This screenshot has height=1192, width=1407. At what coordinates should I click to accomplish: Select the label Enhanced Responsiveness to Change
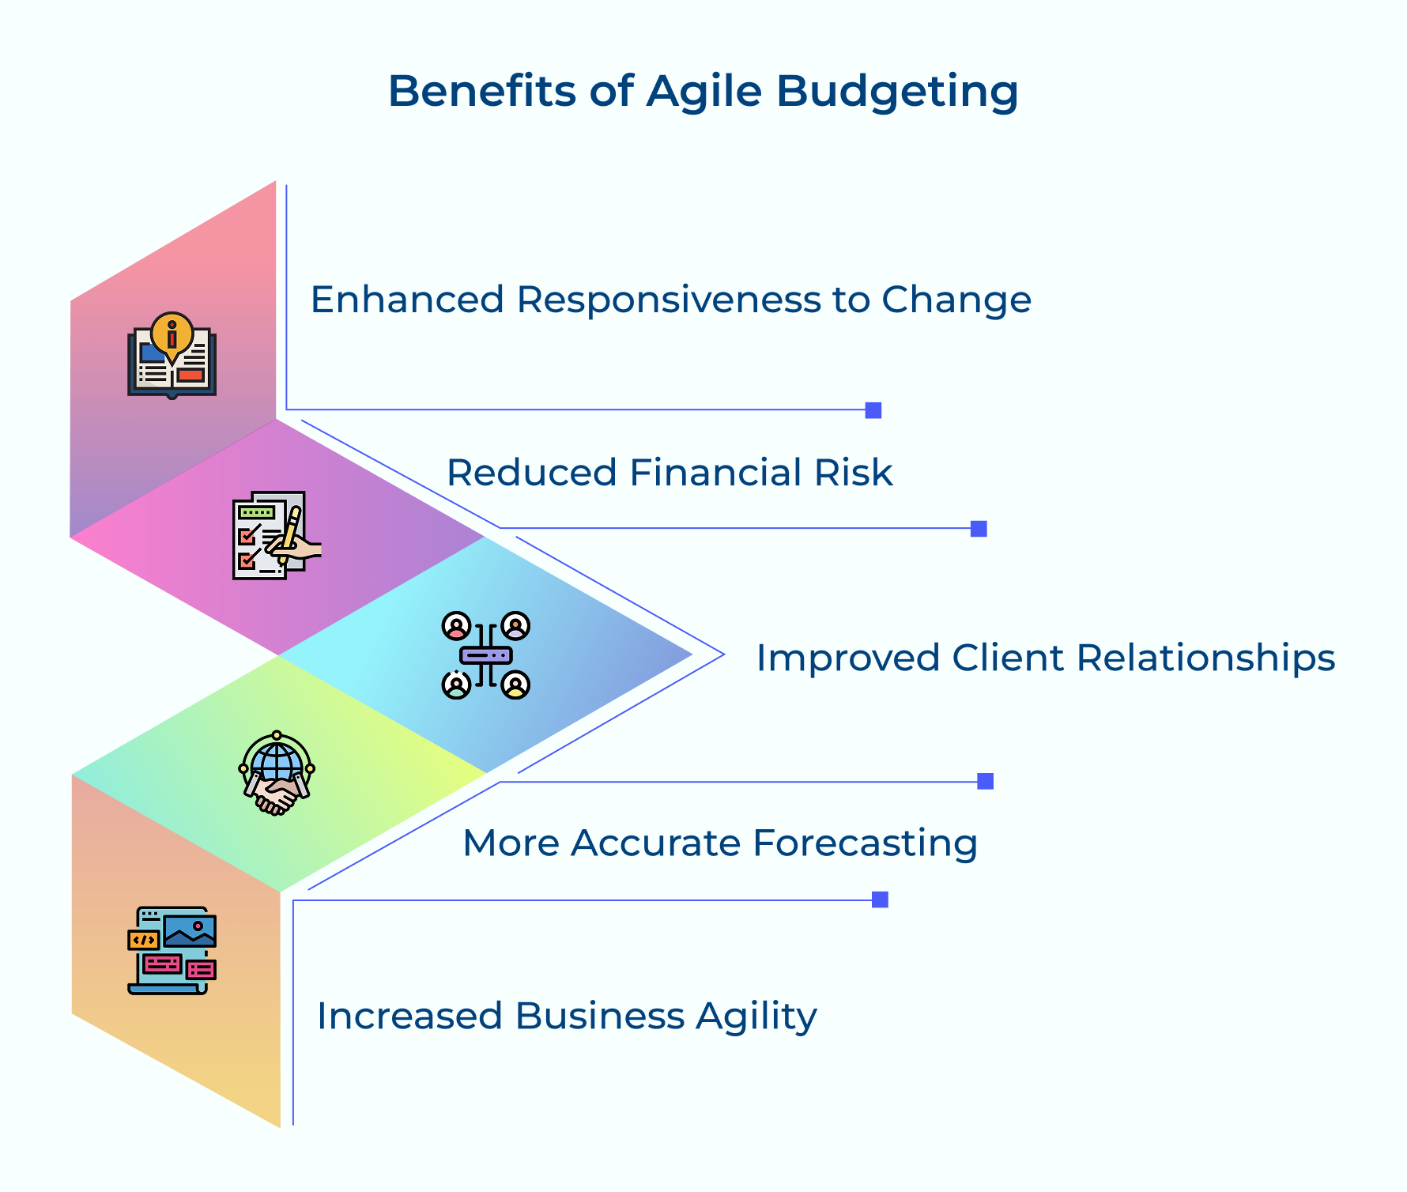(670, 300)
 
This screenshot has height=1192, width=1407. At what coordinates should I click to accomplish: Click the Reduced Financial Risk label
(670, 473)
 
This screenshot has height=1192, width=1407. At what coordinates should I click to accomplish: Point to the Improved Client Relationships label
(1045, 658)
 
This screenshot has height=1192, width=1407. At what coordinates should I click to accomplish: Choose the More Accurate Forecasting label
(719, 843)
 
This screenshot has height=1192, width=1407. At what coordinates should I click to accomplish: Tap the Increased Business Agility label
(567, 1016)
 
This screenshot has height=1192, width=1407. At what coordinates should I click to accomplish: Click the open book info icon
(172, 355)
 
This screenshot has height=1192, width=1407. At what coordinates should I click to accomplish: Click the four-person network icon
(485, 655)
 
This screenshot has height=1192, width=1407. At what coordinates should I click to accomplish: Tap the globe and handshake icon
(276, 773)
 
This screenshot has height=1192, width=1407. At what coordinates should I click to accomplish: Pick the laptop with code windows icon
(172, 950)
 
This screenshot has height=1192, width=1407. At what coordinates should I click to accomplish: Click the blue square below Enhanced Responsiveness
(873, 410)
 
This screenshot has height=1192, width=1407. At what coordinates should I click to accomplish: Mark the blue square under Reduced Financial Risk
(979, 529)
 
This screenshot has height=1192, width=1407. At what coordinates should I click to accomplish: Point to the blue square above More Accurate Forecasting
(985, 781)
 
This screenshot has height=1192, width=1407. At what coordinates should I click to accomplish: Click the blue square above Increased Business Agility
(880, 900)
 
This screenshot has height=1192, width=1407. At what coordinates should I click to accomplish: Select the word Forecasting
(865, 843)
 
